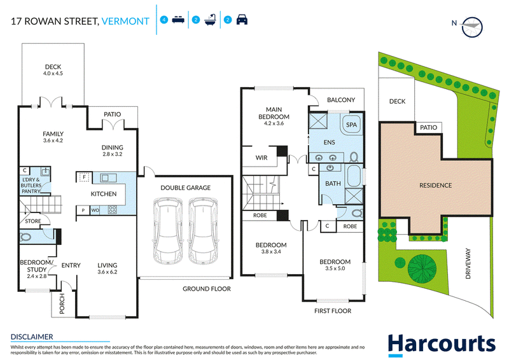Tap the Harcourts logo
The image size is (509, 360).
click(442, 345)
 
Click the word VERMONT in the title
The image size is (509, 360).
click(125, 22)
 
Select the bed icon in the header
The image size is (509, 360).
click(178, 20)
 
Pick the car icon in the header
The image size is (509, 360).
click(242, 20)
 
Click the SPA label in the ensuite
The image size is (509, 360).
click(351, 125)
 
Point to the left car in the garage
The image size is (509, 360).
click(168, 230)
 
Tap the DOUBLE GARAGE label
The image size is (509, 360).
click(185, 188)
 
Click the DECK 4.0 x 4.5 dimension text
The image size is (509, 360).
click(53, 73)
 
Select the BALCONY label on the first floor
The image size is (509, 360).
click(341, 100)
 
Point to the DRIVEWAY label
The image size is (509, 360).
click(468, 263)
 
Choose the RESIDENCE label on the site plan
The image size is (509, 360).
click(435, 185)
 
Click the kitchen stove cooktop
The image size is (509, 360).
click(113, 210)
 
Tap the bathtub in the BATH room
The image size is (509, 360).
click(354, 176)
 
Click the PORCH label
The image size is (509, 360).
click(62, 303)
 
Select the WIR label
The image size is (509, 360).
click(261, 158)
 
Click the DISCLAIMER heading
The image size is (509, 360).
click(32, 337)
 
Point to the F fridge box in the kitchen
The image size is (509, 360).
click(85, 177)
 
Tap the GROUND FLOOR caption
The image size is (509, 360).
click(206, 289)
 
